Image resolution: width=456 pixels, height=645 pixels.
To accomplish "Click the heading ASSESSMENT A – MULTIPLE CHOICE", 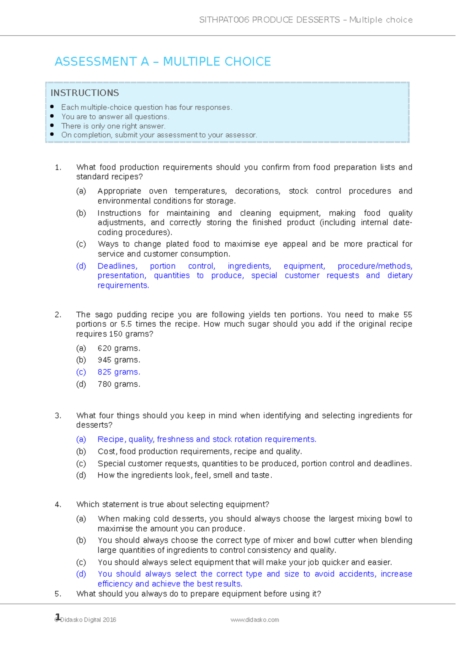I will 163,62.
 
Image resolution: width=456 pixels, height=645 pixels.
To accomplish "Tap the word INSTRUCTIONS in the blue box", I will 85,93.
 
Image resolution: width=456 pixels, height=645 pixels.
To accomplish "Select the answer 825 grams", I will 119,372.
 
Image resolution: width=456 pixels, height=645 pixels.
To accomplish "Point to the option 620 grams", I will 119,348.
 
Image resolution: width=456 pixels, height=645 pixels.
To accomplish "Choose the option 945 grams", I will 119,360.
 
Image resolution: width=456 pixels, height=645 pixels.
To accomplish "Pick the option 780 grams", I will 119,384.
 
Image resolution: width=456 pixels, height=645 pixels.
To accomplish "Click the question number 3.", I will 58,416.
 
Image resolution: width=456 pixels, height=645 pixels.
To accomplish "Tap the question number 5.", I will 58,594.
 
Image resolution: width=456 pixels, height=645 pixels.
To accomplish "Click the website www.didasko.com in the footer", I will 255,620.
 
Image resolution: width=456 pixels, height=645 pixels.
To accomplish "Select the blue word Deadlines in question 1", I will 117,266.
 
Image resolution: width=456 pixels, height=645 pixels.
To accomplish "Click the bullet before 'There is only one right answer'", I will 52,125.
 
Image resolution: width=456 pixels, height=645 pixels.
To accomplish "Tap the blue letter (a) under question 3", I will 81,439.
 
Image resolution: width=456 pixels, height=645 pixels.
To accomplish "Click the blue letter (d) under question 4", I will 81,574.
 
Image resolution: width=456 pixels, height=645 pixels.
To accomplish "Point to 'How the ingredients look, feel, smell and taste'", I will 185,475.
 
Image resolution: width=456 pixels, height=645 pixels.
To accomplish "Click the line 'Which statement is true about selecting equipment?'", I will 173,504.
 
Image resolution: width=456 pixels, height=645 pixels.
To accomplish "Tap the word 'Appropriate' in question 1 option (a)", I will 119,191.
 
